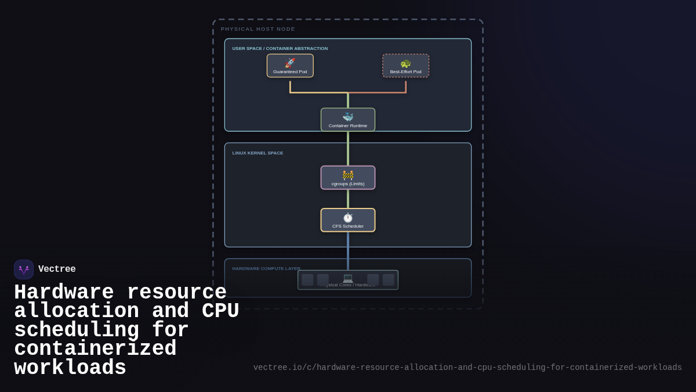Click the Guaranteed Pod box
click(290, 66)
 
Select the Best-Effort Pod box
click(405, 66)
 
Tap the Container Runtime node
click(348, 120)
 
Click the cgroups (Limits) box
click(348, 178)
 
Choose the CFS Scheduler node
click(348, 220)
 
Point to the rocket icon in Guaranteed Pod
click(290, 63)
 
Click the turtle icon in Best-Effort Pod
click(405, 63)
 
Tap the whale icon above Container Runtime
click(348, 117)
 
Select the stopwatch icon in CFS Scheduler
click(348, 217)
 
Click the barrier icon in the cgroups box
click(348, 175)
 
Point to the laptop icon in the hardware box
click(348, 278)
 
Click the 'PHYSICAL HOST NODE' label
click(258, 29)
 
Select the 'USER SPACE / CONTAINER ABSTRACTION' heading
click(280, 49)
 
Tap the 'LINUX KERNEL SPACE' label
click(258, 153)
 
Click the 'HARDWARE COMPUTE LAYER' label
click(266, 269)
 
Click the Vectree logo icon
click(24, 269)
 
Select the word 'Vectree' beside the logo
click(57, 269)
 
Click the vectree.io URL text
click(467, 368)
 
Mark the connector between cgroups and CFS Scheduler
click(348, 199)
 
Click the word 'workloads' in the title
click(70, 368)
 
